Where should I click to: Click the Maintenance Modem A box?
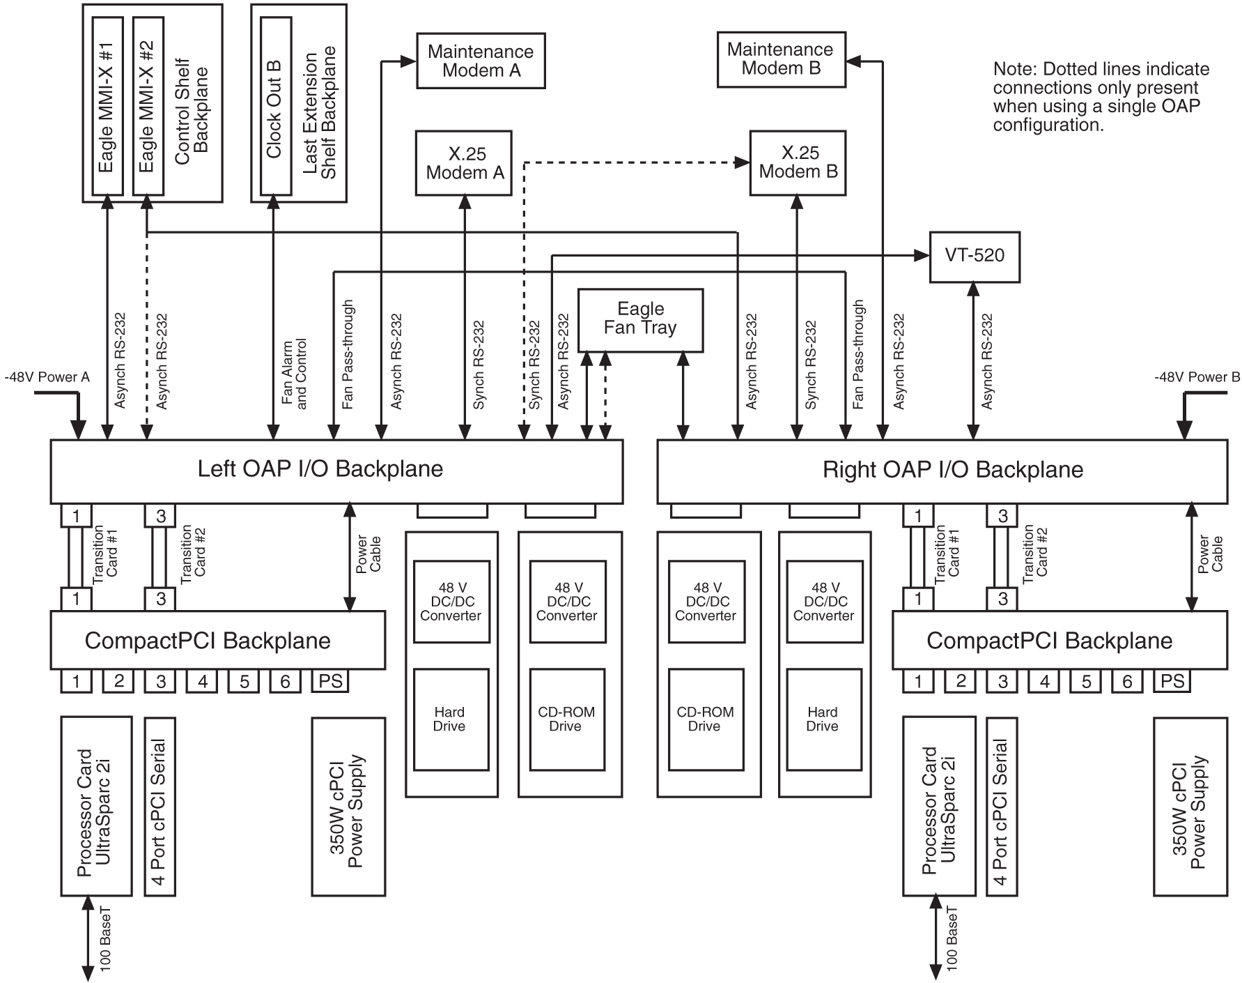[481, 61]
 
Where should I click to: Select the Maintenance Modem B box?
[781, 59]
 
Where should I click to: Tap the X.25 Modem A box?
[464, 163]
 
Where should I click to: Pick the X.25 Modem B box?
[798, 162]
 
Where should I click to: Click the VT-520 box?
[974, 256]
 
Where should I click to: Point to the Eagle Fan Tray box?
[639, 319]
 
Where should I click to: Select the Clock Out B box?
[275, 106]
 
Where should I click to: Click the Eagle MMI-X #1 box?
[107, 106]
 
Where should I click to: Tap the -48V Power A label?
[47, 377]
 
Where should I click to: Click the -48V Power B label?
[1197, 377]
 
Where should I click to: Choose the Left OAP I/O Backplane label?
[320, 469]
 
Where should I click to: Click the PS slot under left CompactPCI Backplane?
[329, 681]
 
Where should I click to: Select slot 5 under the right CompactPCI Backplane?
[1086, 681]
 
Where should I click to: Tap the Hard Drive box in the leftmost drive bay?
[450, 719]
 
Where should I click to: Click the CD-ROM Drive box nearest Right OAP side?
[704, 719]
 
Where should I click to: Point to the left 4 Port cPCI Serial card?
[160, 805]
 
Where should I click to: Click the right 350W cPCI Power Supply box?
[1190, 805]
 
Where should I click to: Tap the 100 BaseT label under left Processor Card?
[106, 938]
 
